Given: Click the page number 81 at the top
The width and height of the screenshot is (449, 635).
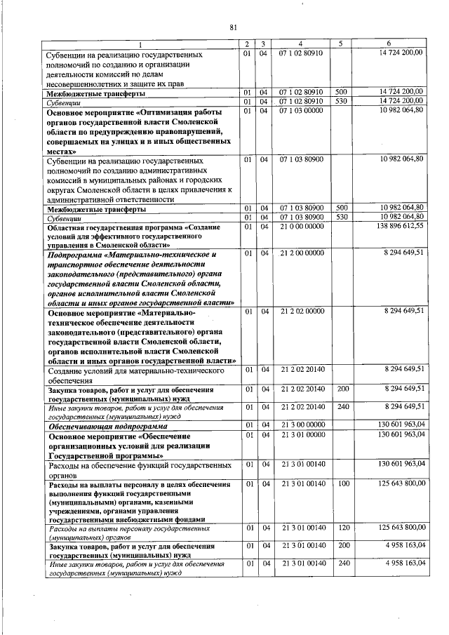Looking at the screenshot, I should [233, 27].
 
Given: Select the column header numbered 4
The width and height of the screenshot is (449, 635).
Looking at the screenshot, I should [300, 44].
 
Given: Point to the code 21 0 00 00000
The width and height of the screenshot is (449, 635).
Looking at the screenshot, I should [301, 227].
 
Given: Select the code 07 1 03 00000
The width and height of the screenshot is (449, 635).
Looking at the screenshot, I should [301, 110].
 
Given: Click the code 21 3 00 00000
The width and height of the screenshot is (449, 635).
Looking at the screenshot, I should [301, 425].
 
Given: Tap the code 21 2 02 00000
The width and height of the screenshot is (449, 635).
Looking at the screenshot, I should [301, 310].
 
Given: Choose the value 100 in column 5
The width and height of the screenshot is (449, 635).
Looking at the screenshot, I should [342, 484].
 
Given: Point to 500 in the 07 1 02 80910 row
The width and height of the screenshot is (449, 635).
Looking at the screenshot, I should [342, 92].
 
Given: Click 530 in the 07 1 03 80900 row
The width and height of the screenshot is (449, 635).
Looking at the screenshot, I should [342, 218].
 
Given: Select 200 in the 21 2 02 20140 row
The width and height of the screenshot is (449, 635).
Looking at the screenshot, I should [342, 388].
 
